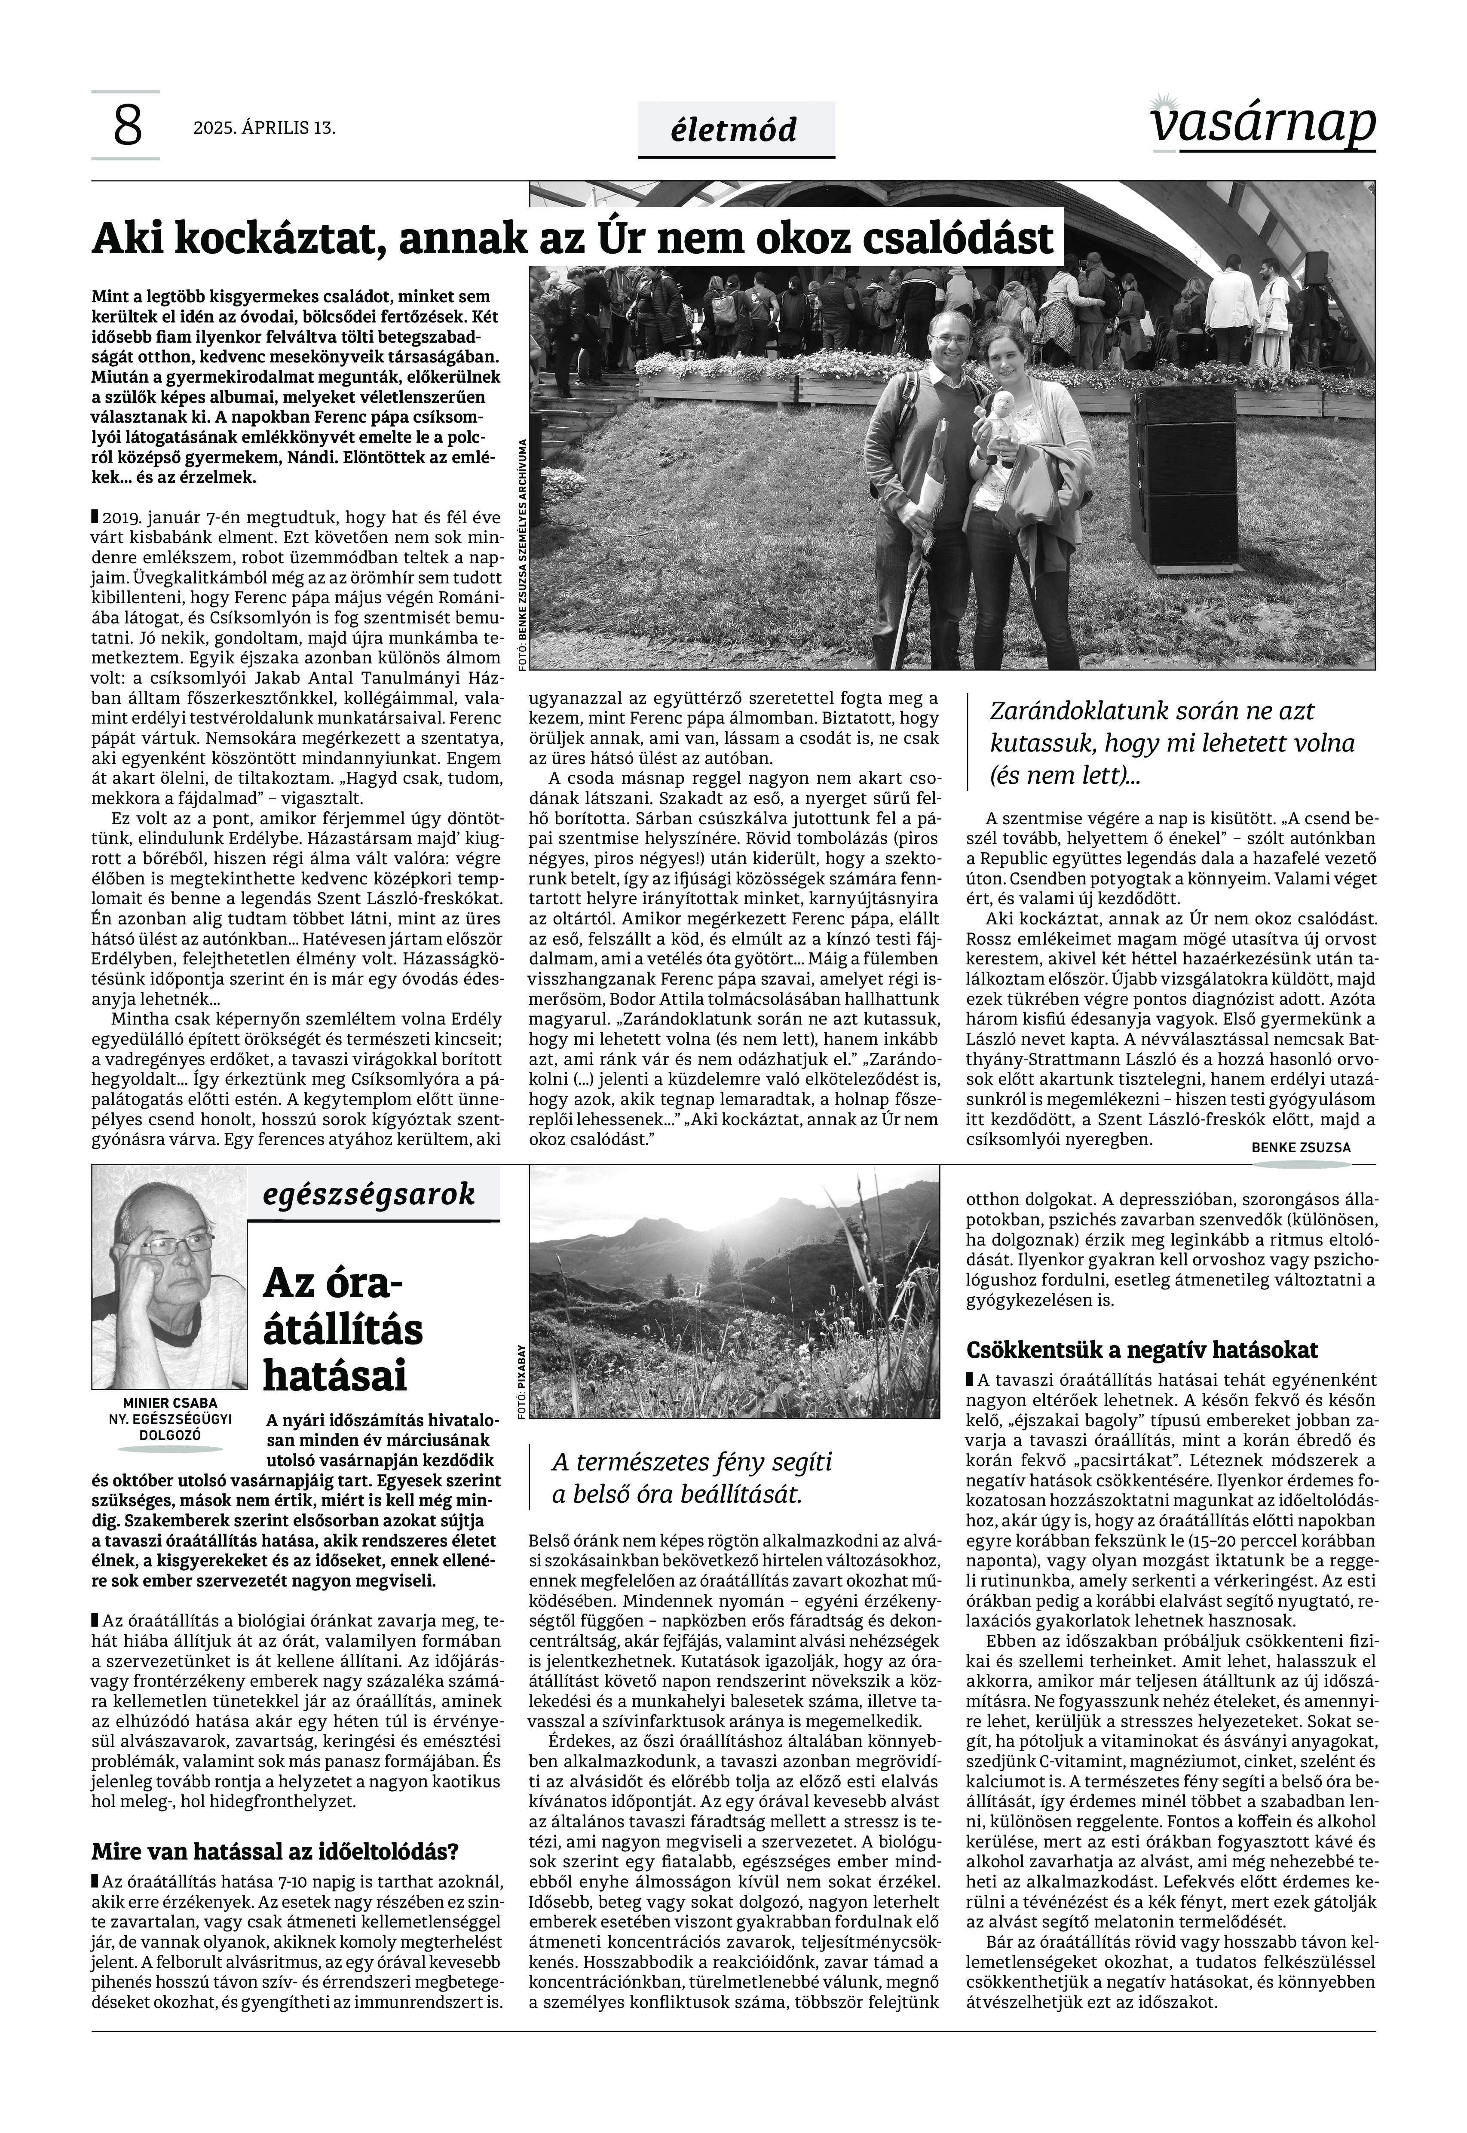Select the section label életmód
coord(735,130)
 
